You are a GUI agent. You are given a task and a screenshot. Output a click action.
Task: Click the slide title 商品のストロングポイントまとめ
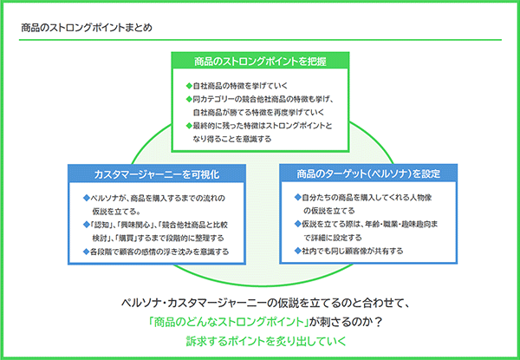coord(87,27)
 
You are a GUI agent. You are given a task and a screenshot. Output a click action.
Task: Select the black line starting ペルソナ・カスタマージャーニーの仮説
coord(260,304)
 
